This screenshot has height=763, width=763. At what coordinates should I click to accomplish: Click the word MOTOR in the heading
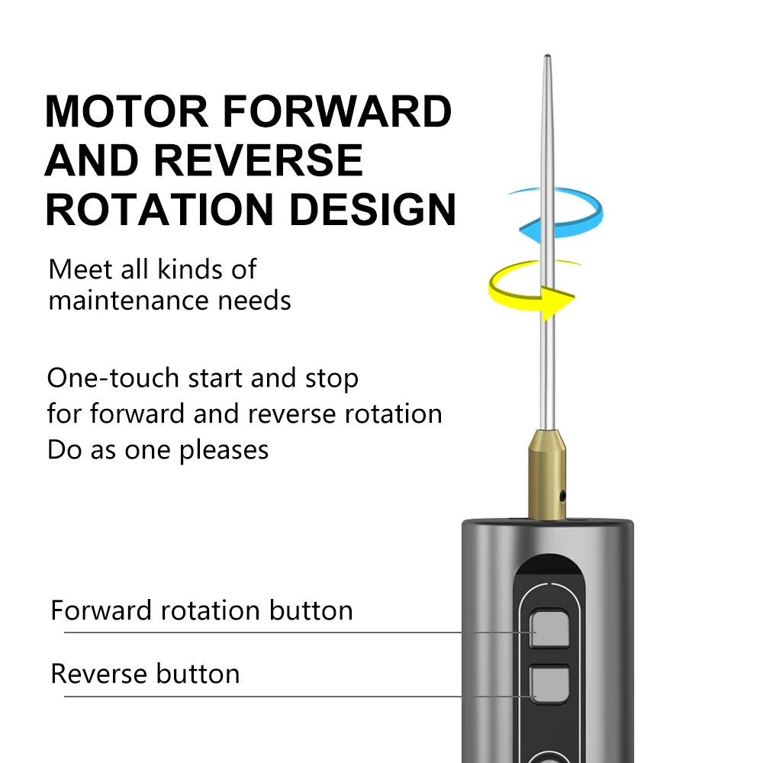click(x=127, y=111)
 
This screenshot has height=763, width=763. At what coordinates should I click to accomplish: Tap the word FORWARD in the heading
click(x=336, y=111)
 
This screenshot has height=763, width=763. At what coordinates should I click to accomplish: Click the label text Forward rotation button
click(x=201, y=610)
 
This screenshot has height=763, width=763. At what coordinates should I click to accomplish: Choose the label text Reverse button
click(x=145, y=674)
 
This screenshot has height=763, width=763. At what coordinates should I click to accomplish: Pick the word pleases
click(x=224, y=450)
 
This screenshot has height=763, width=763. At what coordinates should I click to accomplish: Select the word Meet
click(x=75, y=269)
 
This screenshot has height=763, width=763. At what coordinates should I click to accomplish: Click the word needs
click(x=255, y=301)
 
